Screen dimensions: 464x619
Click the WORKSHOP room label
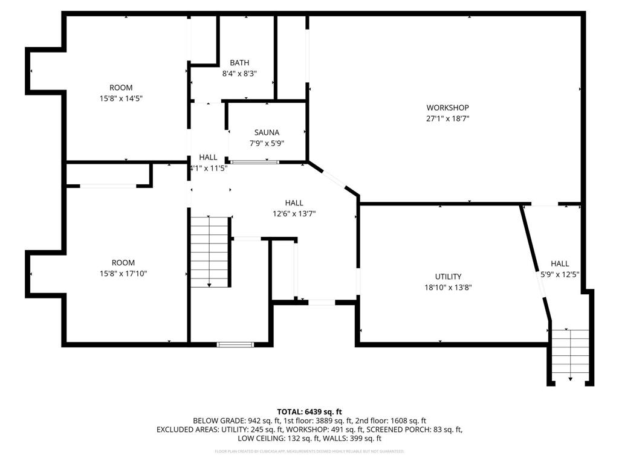447,108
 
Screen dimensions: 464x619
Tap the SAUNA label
267,132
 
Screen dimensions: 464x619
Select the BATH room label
239,63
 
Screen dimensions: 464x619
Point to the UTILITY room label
448,277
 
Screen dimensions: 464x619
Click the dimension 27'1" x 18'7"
447,119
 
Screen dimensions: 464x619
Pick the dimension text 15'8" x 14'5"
121,98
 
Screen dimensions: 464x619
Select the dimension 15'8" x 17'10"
123,274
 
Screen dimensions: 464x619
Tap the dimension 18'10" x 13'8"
448,288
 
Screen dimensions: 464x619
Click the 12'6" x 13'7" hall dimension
294,213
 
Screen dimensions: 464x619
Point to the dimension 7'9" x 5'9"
267,143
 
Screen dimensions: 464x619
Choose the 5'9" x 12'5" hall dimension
560,274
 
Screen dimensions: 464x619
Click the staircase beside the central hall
209,251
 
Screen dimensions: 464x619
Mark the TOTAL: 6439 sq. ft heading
309,411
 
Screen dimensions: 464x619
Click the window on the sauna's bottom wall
254,161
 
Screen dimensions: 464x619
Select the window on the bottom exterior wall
235,344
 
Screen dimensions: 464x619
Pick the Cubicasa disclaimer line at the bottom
309,451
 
